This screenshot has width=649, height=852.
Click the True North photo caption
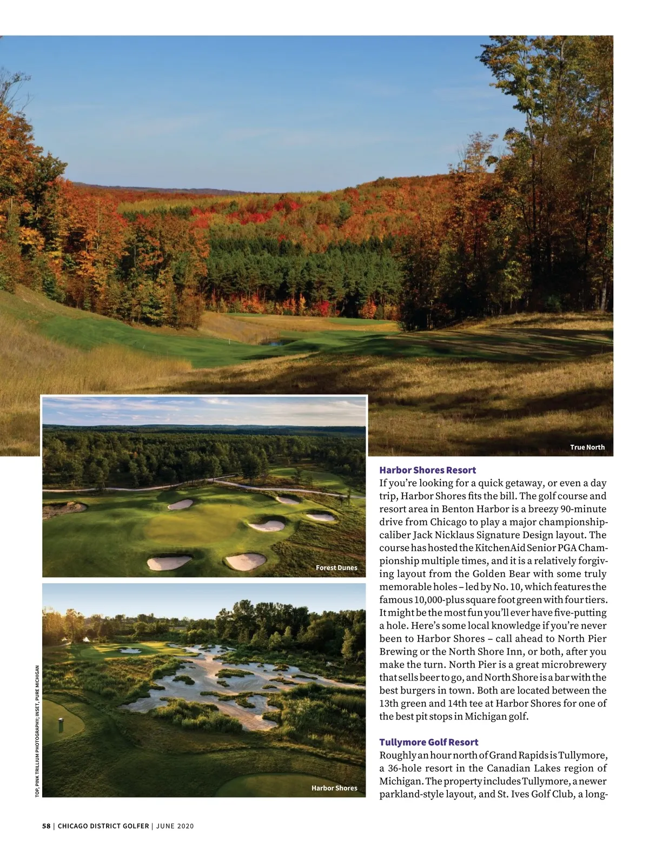click(587, 447)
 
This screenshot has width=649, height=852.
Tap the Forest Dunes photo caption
click(336, 567)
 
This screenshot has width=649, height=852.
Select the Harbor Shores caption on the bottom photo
click(334, 788)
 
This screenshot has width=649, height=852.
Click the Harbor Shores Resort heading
click(427, 470)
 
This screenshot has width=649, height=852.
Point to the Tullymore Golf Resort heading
click(428, 742)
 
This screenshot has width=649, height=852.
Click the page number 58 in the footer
click(46, 826)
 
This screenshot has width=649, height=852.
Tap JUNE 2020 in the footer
click(175, 826)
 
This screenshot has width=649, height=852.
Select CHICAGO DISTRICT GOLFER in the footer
click(103, 826)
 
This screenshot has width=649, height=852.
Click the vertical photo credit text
click(37, 730)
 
